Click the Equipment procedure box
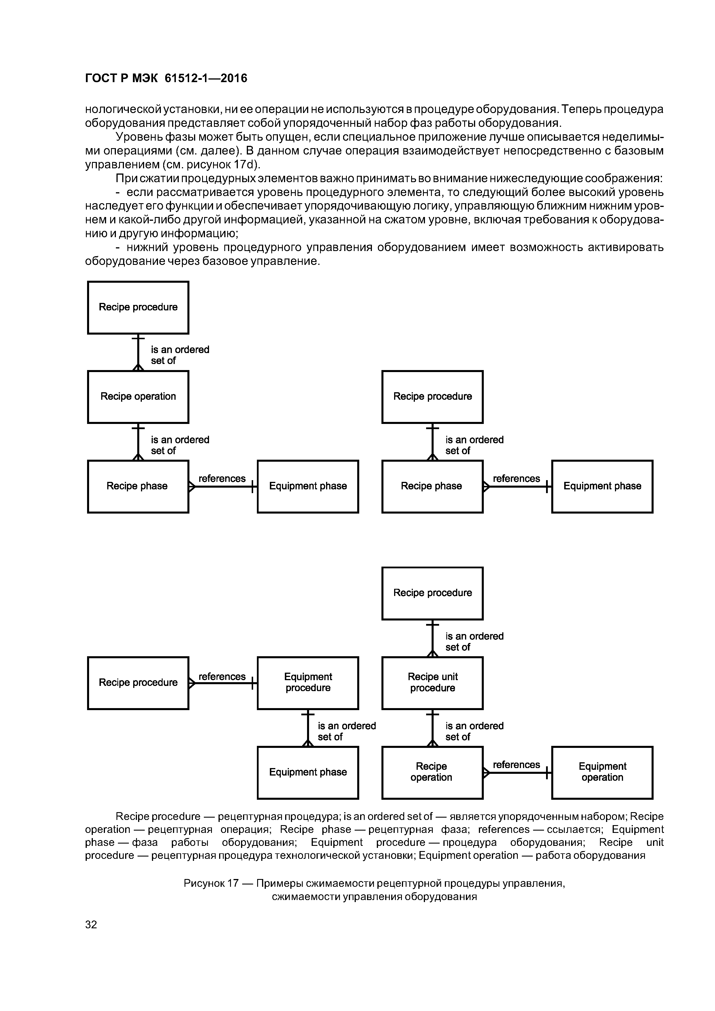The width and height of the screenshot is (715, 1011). [x=308, y=682]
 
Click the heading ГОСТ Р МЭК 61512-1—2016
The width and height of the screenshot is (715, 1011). [x=166, y=78]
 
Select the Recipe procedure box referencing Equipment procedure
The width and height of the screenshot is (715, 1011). [x=138, y=682]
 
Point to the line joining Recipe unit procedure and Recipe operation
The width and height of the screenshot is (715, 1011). [x=433, y=728]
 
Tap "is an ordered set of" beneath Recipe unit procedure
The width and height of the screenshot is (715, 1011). [x=474, y=731]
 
